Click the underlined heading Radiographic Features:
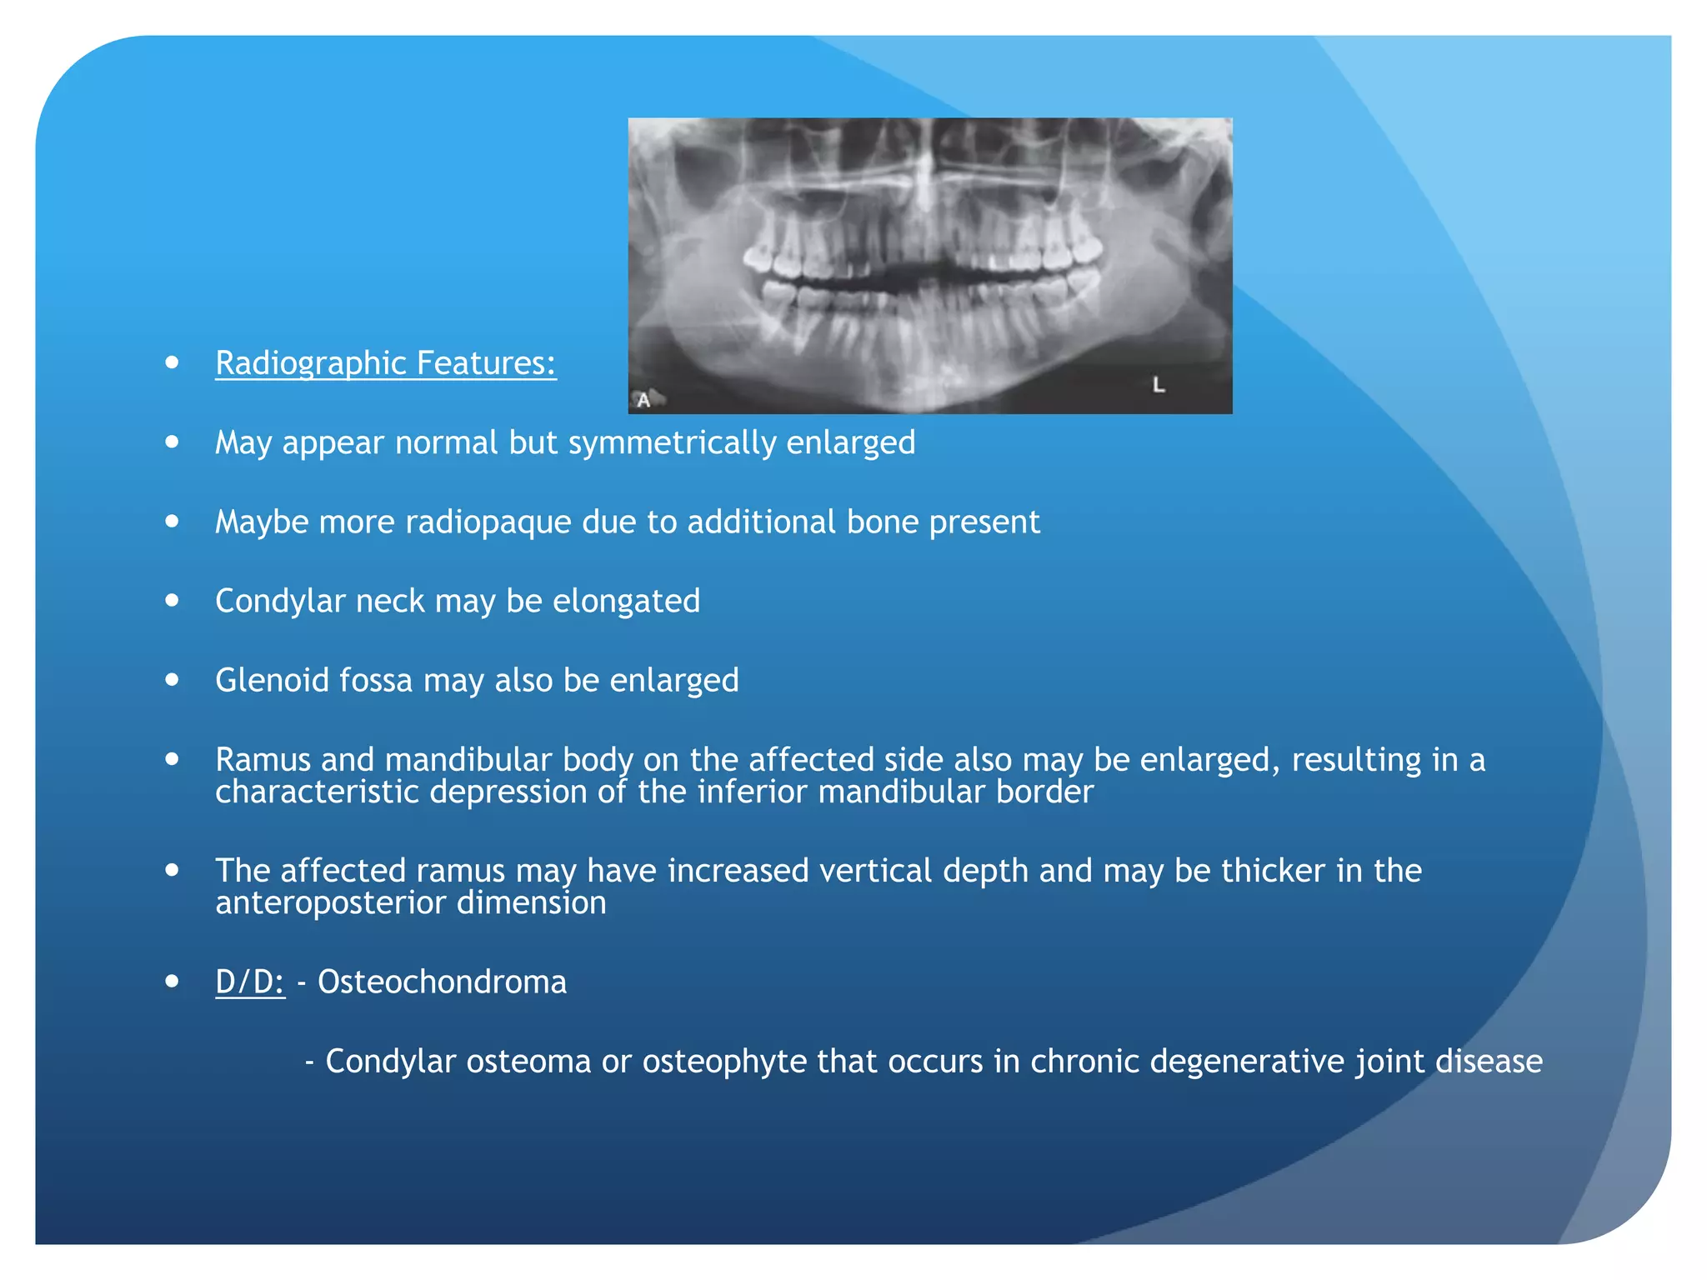point(385,363)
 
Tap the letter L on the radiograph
point(1159,385)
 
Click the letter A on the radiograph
point(643,401)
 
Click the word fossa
point(377,680)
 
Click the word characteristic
point(318,792)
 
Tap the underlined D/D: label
point(250,982)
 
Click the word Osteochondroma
point(442,982)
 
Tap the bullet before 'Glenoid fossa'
point(173,680)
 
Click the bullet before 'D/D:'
point(173,982)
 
